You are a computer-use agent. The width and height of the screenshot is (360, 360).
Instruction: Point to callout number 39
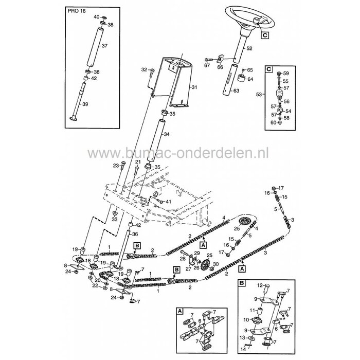(100, 104)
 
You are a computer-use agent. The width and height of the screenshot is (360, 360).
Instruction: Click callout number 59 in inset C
(286, 74)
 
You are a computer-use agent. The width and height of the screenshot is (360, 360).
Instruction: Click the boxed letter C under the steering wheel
(264, 35)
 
